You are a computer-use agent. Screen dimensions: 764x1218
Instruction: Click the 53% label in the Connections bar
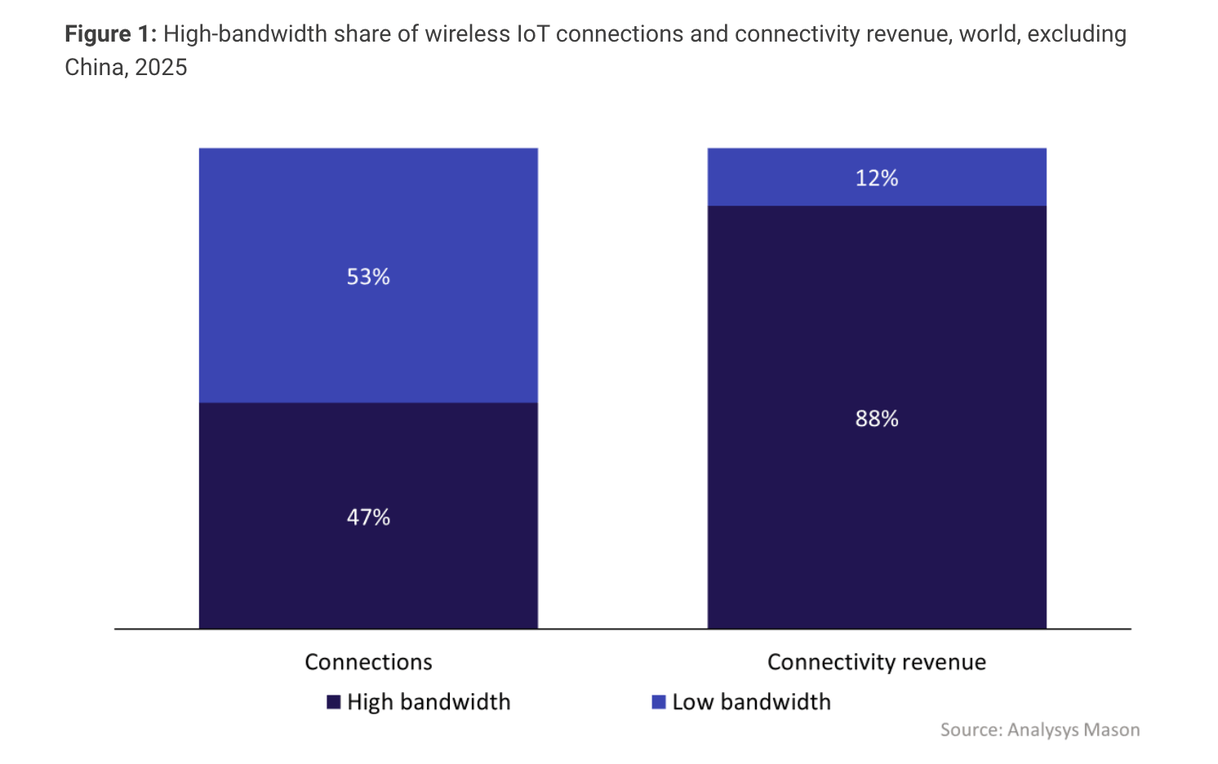pos(368,277)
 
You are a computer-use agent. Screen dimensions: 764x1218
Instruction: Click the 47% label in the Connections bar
pos(368,517)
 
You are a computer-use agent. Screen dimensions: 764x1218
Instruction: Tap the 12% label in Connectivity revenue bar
pos(877,178)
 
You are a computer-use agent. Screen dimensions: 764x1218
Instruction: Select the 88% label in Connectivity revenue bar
pos(877,419)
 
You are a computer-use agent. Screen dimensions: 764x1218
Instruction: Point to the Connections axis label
pos(368,662)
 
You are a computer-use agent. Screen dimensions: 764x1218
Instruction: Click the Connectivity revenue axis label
pos(877,662)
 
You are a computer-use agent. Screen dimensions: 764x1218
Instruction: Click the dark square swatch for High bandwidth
pos(333,702)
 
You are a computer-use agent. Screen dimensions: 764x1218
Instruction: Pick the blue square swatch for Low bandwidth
pos(659,702)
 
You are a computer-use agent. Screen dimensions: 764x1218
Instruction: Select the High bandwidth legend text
pos(429,702)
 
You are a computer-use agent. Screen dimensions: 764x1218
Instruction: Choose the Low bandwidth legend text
pos(751,702)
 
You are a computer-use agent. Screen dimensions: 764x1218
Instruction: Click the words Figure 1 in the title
pos(110,34)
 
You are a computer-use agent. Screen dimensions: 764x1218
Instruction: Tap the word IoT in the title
pos(533,34)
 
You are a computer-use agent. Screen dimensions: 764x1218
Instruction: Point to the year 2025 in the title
pos(161,68)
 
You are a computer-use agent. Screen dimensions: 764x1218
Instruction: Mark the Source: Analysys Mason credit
pos(1039,730)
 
